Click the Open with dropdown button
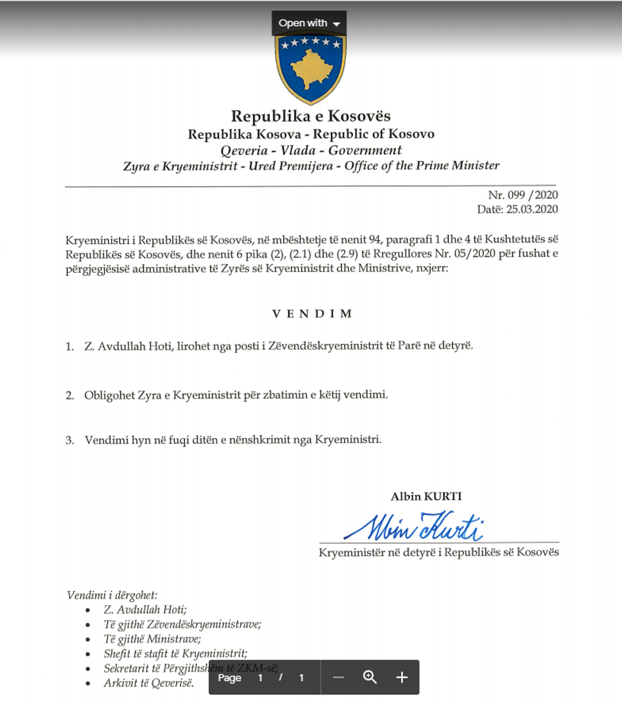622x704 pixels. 309,23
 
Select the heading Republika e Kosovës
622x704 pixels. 310,116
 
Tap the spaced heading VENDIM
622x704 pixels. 312,313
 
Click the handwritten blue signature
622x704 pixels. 413,526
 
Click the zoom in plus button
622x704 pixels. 402,677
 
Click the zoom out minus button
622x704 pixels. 338,677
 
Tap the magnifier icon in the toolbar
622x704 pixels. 370,677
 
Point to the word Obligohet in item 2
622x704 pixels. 106,394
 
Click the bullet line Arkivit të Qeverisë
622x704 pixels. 149,683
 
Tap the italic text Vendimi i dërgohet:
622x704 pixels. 112,595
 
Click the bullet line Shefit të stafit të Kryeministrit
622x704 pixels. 175,653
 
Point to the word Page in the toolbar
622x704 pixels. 229,677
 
